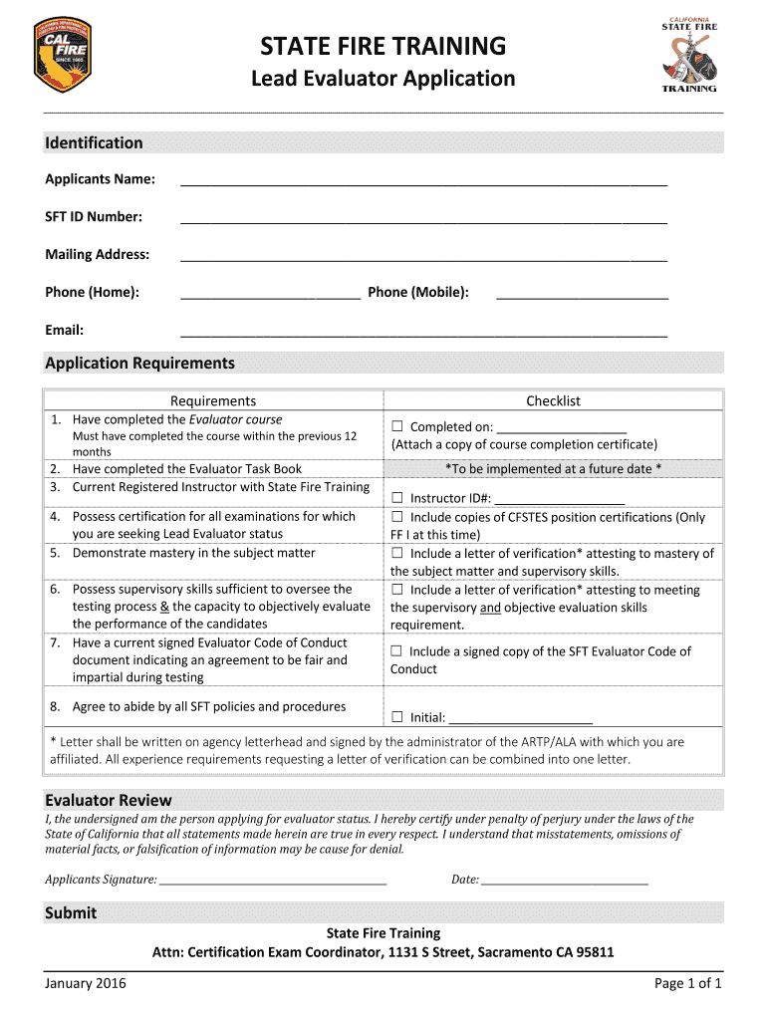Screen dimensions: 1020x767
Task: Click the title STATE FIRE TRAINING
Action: pos(383,46)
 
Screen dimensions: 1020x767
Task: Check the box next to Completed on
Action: pos(397,427)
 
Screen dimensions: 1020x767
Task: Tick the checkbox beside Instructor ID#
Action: pos(397,498)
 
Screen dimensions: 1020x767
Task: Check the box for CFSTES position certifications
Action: pos(397,517)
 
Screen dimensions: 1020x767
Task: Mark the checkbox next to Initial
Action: pos(397,717)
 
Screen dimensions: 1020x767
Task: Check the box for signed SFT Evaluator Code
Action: pos(397,651)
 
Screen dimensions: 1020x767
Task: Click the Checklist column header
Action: pos(553,400)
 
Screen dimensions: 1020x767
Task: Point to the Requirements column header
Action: pos(213,400)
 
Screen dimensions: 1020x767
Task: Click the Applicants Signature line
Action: pos(273,880)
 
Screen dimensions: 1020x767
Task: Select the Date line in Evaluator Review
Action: pos(565,880)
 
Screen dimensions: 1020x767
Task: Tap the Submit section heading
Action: pos(71,912)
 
